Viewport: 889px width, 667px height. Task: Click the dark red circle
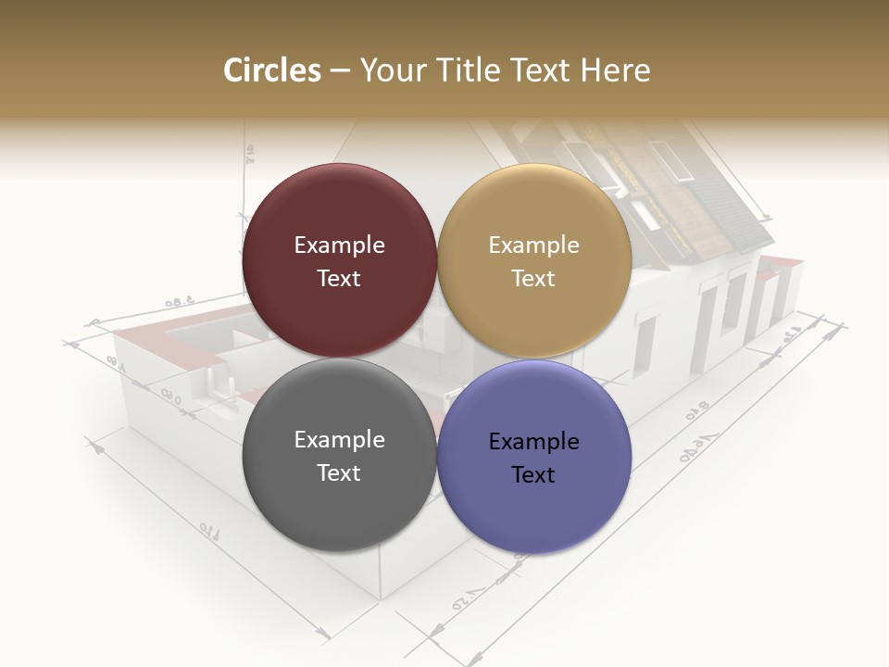click(x=339, y=261)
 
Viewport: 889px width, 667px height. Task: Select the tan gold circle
click(x=534, y=261)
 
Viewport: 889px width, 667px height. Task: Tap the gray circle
click(x=339, y=456)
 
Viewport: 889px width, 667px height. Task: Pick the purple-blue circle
click(x=534, y=458)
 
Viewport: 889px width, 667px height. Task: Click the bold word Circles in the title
click(x=272, y=70)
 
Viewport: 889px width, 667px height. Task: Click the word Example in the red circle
click(x=339, y=245)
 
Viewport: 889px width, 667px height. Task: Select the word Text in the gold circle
click(x=533, y=279)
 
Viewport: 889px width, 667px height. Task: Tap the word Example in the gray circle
click(x=339, y=440)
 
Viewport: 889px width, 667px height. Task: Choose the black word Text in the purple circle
click(x=533, y=475)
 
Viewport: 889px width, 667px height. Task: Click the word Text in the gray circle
click(x=339, y=473)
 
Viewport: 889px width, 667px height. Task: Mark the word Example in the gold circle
click(x=533, y=245)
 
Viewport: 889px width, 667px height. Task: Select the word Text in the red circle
click(x=339, y=279)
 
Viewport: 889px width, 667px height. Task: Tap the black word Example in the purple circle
click(x=533, y=442)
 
